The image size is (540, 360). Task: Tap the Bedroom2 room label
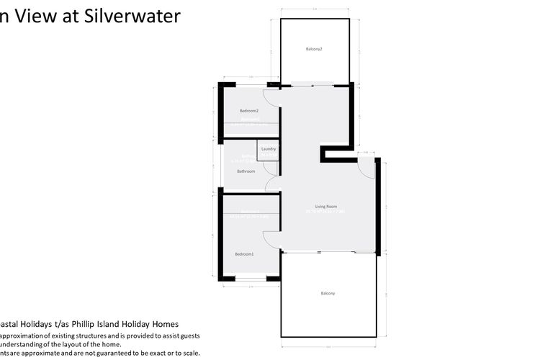[x=249, y=110]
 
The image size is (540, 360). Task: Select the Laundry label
[x=269, y=149]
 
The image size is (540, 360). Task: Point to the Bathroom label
[x=246, y=171]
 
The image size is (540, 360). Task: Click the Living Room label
[x=326, y=207]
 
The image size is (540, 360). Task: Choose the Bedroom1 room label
[x=244, y=254]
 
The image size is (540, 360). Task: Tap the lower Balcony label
[x=328, y=293]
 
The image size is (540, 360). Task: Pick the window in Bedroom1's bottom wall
[x=250, y=279]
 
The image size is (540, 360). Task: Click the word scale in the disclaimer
[x=190, y=353]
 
